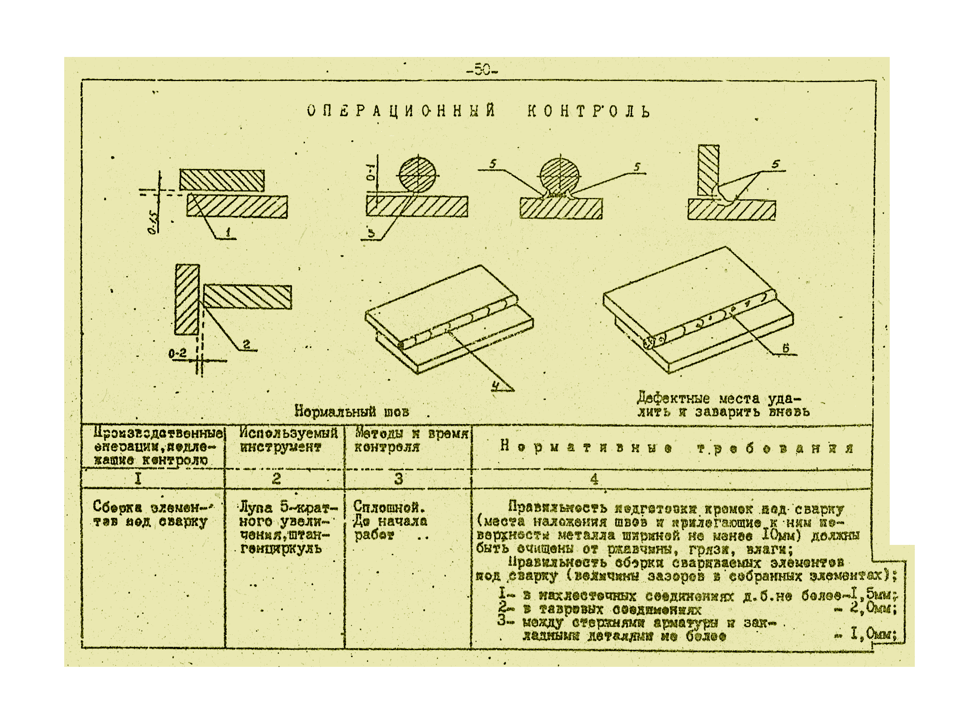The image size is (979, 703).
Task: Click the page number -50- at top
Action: coord(482,70)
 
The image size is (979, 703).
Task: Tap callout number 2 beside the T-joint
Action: coord(247,344)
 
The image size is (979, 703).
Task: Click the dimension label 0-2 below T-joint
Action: coord(177,354)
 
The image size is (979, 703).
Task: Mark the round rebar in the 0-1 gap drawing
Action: coord(417,175)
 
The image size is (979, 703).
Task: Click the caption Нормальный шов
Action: coord(352,411)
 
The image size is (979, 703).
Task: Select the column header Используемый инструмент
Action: coord(288,440)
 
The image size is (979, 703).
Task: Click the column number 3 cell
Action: coord(399,478)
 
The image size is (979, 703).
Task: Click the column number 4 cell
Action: coord(594,479)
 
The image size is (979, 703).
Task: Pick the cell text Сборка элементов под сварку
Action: coord(150,513)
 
